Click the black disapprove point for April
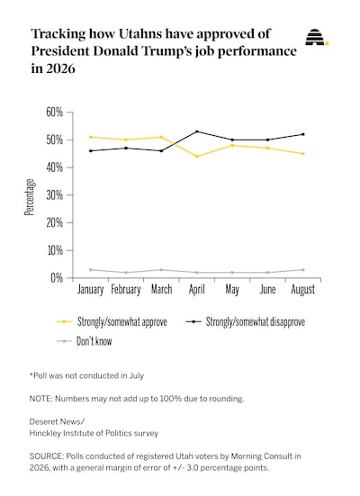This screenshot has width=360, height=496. pyautogui.click(x=197, y=131)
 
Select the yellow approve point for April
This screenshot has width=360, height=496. pyautogui.click(x=197, y=157)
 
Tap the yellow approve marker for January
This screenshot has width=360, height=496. pyautogui.click(x=91, y=137)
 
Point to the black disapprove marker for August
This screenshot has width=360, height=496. pyautogui.click(x=303, y=134)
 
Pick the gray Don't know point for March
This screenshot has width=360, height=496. pyautogui.click(x=161, y=270)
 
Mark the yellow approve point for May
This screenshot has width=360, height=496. pyautogui.click(x=232, y=145)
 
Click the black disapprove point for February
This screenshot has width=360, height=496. pyautogui.click(x=126, y=148)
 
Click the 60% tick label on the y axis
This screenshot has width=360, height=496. pyautogui.click(x=54, y=112)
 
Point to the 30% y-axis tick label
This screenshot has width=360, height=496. pyautogui.click(x=54, y=195)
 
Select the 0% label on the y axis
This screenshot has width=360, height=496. pyautogui.click(x=57, y=278)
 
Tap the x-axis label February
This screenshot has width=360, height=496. pyautogui.click(x=126, y=290)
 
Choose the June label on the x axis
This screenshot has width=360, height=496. pyautogui.click(x=267, y=289)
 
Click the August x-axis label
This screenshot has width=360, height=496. pyautogui.click(x=303, y=290)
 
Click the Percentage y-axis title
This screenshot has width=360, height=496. pyautogui.click(x=30, y=197)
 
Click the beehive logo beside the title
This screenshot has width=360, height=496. pyautogui.click(x=316, y=37)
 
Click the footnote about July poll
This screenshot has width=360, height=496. pyautogui.click(x=86, y=375)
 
